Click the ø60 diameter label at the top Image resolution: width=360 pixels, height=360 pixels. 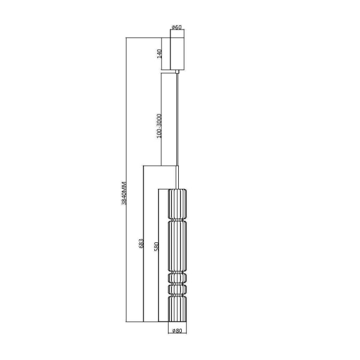(177, 27)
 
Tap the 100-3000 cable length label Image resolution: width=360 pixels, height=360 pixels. (158, 126)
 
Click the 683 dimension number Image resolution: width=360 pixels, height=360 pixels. (142, 243)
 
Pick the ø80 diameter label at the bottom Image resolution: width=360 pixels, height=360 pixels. (177, 331)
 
